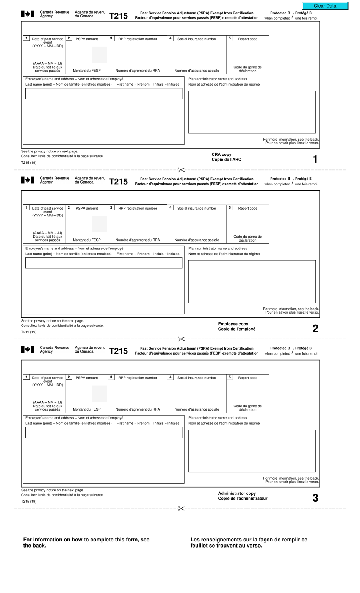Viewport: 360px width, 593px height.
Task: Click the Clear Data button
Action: pos(325,6)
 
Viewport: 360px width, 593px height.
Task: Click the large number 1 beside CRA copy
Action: pos(315,159)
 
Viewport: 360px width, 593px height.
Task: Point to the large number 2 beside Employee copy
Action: pos(315,329)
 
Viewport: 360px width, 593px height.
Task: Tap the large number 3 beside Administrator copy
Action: pos(315,498)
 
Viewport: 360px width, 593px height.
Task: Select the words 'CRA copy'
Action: pos(221,155)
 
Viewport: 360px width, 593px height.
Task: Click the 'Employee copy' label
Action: pos(233,324)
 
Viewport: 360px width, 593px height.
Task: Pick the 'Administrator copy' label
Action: pos(237,493)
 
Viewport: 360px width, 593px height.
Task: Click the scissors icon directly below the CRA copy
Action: pos(181,170)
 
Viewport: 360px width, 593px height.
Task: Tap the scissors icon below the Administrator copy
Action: pos(181,508)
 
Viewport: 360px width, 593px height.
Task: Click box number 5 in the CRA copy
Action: pos(230,38)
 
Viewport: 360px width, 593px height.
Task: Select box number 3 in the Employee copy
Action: pos(111,208)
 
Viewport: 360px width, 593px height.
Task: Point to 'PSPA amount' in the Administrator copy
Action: pos(87,378)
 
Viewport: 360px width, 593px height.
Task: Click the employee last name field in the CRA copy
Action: pos(103,94)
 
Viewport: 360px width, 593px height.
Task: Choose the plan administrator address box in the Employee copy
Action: pos(252,281)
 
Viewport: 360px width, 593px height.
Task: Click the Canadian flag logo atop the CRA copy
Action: pos(28,14)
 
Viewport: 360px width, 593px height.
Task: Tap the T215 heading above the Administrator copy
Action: pos(118,351)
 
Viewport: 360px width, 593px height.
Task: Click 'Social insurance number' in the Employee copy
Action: pos(197,209)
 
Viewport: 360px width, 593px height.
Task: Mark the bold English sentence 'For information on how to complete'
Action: pos(86,542)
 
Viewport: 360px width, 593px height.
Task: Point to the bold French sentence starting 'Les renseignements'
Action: pos(249,542)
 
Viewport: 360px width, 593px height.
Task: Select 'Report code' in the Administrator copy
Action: pos(247,378)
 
